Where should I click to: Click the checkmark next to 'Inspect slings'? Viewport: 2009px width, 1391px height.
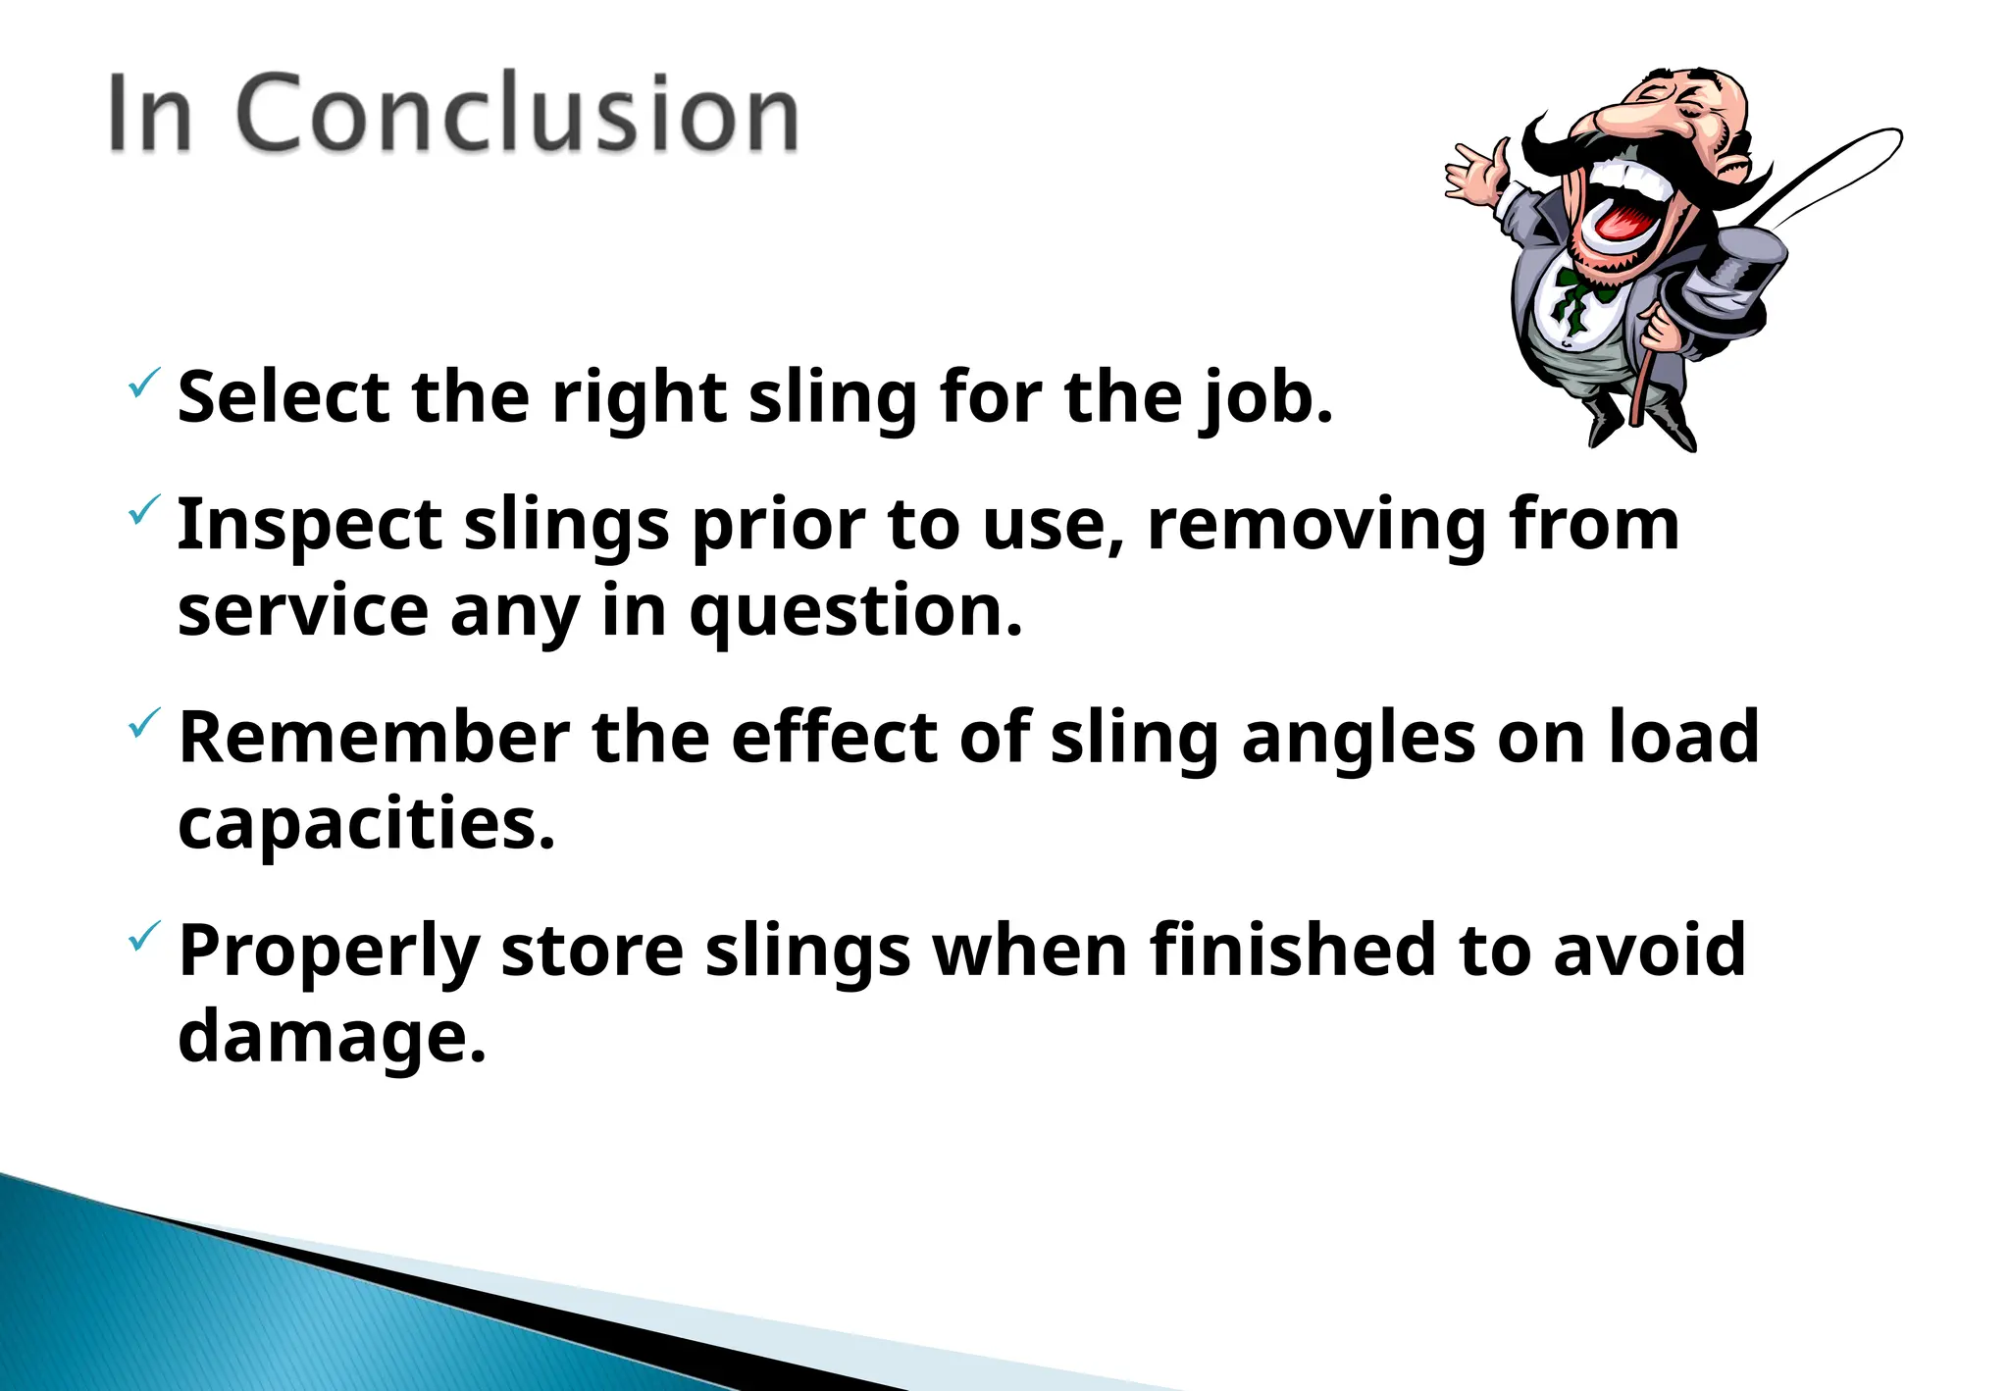(143, 510)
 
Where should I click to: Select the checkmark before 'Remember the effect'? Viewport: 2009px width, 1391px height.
(143, 724)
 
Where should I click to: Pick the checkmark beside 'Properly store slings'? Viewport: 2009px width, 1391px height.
(143, 937)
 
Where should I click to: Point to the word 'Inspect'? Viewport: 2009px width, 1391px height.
(309, 526)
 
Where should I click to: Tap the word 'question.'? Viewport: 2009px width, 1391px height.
(855, 612)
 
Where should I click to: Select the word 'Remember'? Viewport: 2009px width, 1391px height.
(374, 738)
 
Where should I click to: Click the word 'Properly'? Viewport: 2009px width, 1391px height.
(329, 953)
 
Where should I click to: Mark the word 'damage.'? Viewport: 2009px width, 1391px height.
(332, 1038)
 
